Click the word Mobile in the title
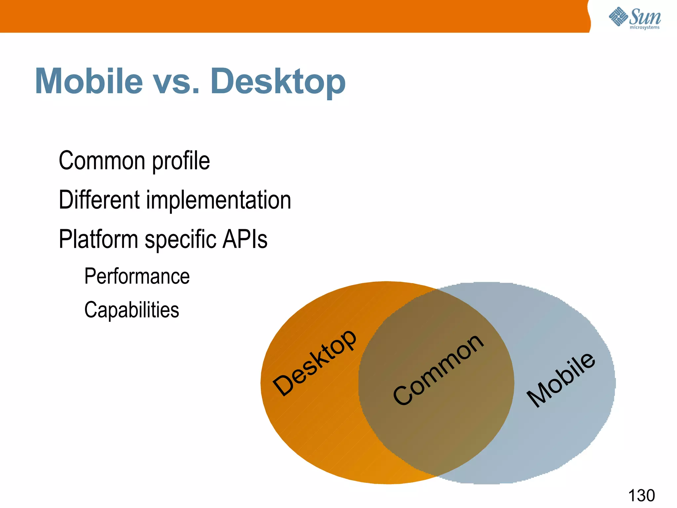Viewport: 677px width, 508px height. [x=89, y=81]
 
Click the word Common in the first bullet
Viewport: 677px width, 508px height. [x=102, y=161]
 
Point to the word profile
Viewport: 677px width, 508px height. [x=181, y=161]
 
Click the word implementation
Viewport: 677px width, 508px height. [x=219, y=200]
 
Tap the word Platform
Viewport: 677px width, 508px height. [x=98, y=239]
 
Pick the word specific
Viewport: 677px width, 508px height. [x=180, y=240]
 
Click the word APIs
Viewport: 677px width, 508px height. [x=245, y=239]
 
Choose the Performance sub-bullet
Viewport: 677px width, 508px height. [x=137, y=276]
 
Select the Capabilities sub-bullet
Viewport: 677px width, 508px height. [x=132, y=310]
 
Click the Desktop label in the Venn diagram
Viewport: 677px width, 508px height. [x=314, y=363]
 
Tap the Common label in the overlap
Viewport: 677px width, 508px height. [x=438, y=369]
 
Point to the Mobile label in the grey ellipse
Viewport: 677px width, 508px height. [x=561, y=379]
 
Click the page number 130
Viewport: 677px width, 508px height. [x=641, y=495]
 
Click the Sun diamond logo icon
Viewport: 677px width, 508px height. [x=618, y=17]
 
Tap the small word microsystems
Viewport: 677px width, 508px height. [x=644, y=27]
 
